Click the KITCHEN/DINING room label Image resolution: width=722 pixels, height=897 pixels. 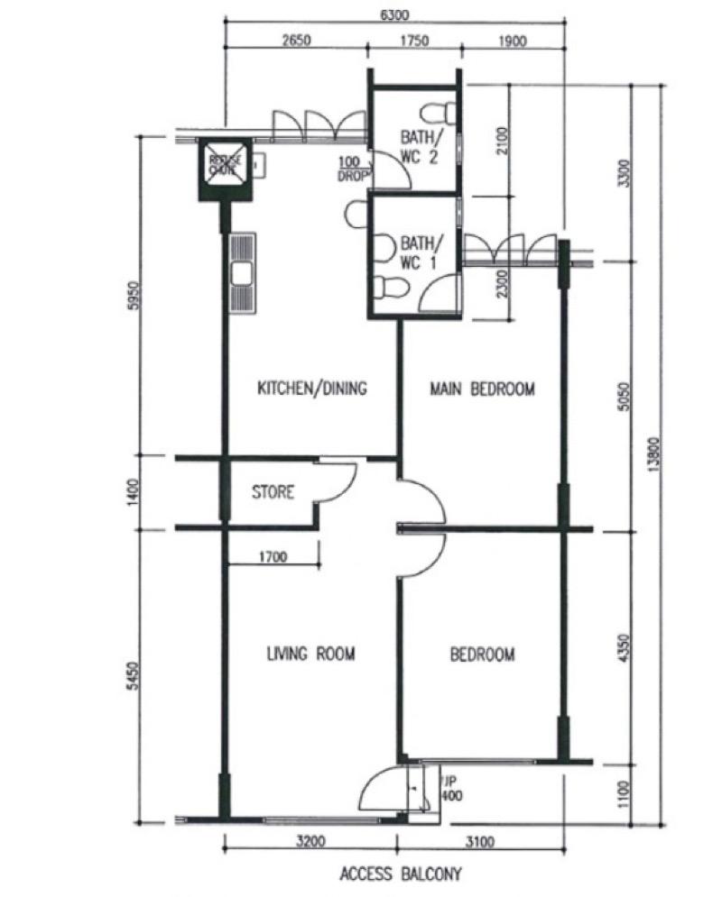(312, 389)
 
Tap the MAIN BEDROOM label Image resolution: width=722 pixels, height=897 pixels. (482, 389)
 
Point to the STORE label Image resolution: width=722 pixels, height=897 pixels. (273, 493)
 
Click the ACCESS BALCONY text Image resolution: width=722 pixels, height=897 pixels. (400, 874)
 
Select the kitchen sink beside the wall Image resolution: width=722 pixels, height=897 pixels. (242, 274)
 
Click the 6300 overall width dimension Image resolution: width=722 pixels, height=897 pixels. (395, 15)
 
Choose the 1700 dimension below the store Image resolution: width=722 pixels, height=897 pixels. (271, 557)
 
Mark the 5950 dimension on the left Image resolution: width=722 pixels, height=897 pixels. (138, 295)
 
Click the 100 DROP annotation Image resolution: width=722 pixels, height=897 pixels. (350, 169)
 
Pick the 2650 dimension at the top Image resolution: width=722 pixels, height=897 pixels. (296, 41)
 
